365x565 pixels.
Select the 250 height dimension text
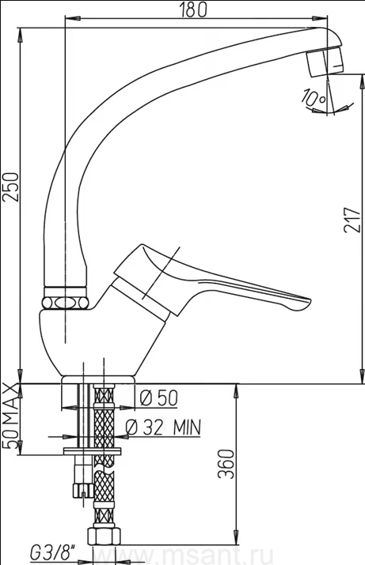[11, 187]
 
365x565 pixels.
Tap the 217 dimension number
[352, 220]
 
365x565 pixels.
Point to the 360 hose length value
[226, 464]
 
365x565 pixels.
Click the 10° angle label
[314, 97]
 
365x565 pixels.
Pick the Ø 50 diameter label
[158, 398]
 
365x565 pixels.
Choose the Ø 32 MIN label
[163, 427]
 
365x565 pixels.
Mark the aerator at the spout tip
[325, 62]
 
